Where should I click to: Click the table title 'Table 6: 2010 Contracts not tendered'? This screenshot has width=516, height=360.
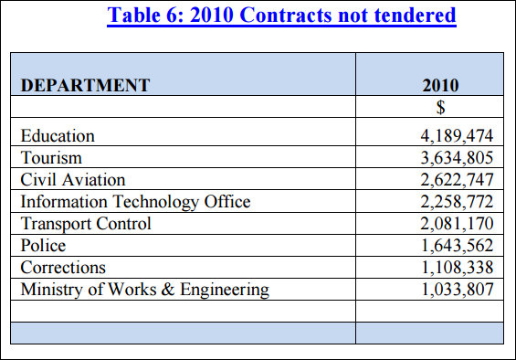pos(281,16)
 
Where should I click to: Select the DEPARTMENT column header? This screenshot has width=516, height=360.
pos(86,85)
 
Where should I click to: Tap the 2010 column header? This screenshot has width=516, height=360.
pos(440,85)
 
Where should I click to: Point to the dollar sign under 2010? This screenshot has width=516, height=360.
pos(440,107)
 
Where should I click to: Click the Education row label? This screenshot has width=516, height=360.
pos(58,136)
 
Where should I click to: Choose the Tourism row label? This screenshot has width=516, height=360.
pos(51,157)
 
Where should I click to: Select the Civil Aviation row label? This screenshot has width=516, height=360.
pos(73,180)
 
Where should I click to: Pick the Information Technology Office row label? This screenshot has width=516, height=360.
pos(135,202)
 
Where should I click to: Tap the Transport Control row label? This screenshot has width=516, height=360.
pos(86,224)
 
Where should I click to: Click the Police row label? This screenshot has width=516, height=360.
pos(43,246)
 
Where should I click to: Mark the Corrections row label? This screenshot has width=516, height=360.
pos(63,268)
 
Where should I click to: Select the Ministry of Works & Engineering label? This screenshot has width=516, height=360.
pos(145,290)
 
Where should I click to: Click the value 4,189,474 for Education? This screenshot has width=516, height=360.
pos(457,136)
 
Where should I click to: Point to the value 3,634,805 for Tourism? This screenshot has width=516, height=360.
pos(457,158)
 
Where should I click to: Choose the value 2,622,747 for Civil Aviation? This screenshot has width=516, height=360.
pos(457,180)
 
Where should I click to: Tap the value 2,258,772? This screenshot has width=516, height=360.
pos(457,202)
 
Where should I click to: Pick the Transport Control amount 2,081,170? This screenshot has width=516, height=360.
pos(457,224)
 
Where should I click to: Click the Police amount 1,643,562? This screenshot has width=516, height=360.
pos(458,246)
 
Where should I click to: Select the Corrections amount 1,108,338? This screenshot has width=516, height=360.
pos(458,268)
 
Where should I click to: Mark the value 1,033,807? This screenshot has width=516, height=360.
pos(458,290)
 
